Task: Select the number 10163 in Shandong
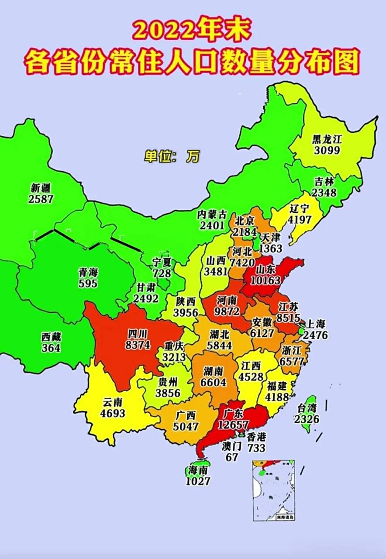pos(262,280)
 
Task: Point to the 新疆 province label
pos(41,188)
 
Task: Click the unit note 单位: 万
pos(172,156)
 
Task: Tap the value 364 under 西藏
pos(52,348)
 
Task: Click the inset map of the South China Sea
pos(273,490)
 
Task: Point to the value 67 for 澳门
pos(232,457)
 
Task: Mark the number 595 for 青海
pos(88,283)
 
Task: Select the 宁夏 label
pos(162,262)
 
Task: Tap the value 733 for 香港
pos(256,448)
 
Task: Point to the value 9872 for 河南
pos(227,311)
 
